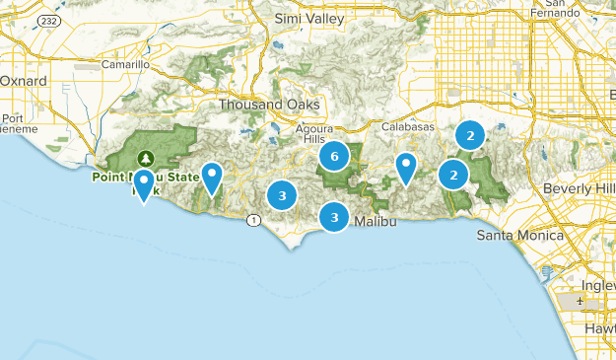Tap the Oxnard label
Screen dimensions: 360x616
[17, 80]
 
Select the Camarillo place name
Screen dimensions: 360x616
[127, 65]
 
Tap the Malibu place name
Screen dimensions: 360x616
[375, 222]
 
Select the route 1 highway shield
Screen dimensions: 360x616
[253, 220]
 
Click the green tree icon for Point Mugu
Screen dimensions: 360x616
[146, 158]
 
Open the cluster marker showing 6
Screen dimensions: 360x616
[335, 156]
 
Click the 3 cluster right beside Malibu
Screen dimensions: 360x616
[335, 217]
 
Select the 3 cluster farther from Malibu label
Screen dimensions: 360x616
[283, 195]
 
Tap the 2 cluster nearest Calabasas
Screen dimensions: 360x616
[471, 135]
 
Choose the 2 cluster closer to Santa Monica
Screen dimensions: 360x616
[453, 176]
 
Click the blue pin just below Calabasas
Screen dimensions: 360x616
[405, 167]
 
